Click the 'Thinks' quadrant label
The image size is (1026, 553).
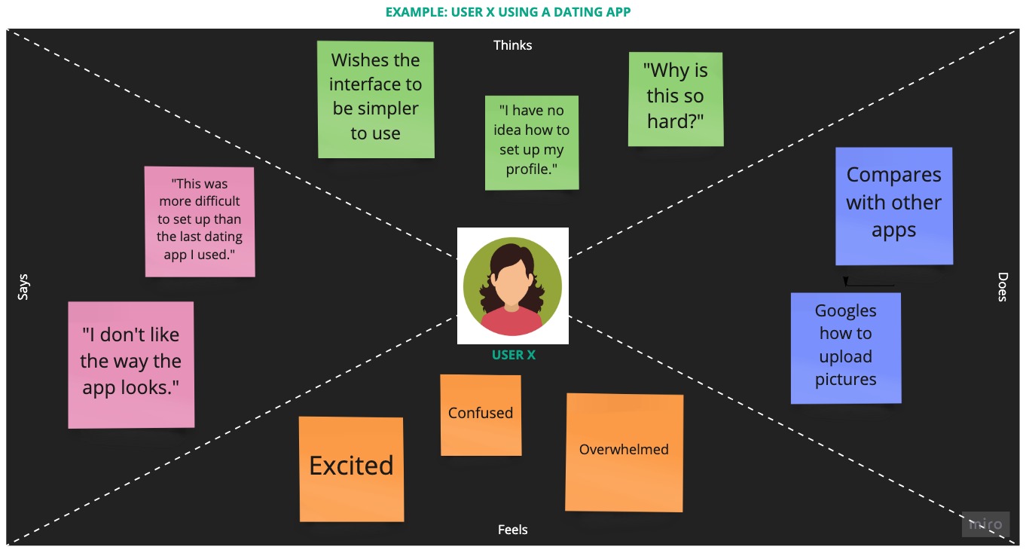pyautogui.click(x=512, y=45)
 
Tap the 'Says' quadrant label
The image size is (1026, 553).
pyautogui.click(x=23, y=287)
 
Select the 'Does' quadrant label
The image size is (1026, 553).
pyautogui.click(x=1002, y=287)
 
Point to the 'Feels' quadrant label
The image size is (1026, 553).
pyautogui.click(x=512, y=530)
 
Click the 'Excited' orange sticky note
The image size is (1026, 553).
pyautogui.click(x=351, y=468)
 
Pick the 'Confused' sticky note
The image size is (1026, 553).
pyautogui.click(x=481, y=414)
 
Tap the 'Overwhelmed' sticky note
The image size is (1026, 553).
pyautogui.click(x=624, y=451)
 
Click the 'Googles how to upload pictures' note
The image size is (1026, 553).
pyautogui.click(x=845, y=347)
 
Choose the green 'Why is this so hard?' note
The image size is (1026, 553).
pyautogui.click(x=676, y=98)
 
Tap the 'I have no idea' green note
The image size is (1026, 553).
pyautogui.click(x=532, y=142)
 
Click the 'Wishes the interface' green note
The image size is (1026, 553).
pyautogui.click(x=375, y=99)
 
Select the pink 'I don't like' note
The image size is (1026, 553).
pyautogui.click(x=131, y=365)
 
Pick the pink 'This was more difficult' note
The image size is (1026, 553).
pyautogui.click(x=200, y=221)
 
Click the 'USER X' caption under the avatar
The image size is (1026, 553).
pyautogui.click(x=513, y=355)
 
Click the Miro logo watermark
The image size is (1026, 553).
pyautogui.click(x=985, y=524)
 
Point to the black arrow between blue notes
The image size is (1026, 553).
pyautogui.click(x=870, y=284)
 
